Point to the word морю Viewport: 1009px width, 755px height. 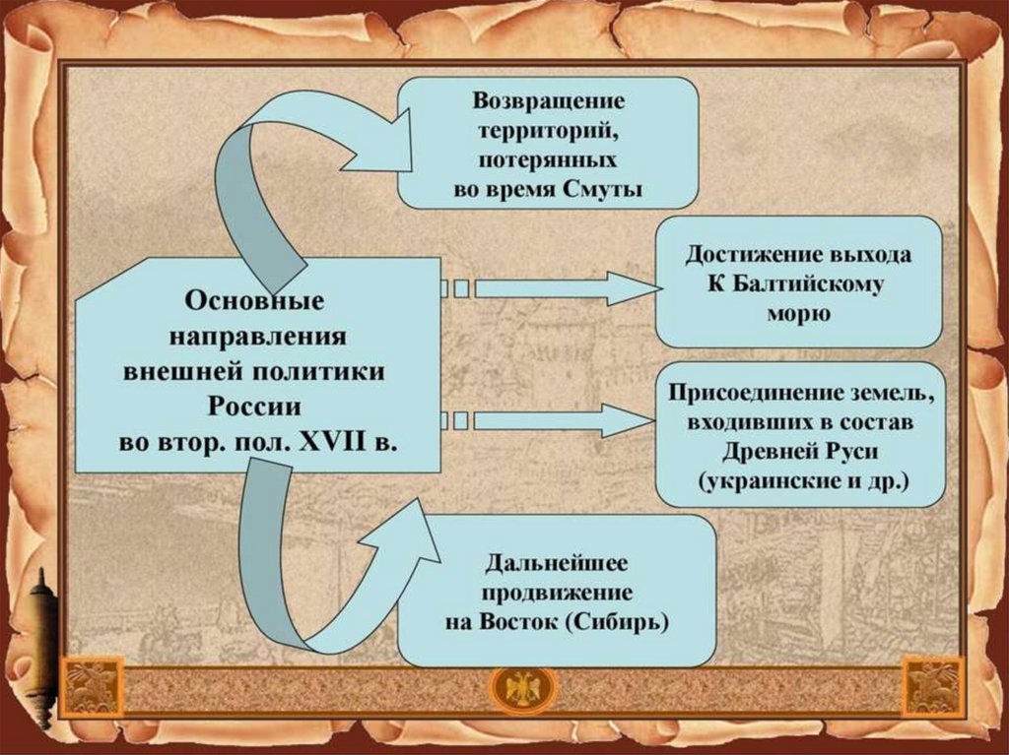798,315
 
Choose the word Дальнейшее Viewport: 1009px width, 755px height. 557,563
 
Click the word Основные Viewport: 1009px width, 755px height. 254,298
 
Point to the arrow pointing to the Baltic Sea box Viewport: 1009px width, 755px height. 562,288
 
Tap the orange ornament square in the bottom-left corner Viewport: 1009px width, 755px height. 92,686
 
